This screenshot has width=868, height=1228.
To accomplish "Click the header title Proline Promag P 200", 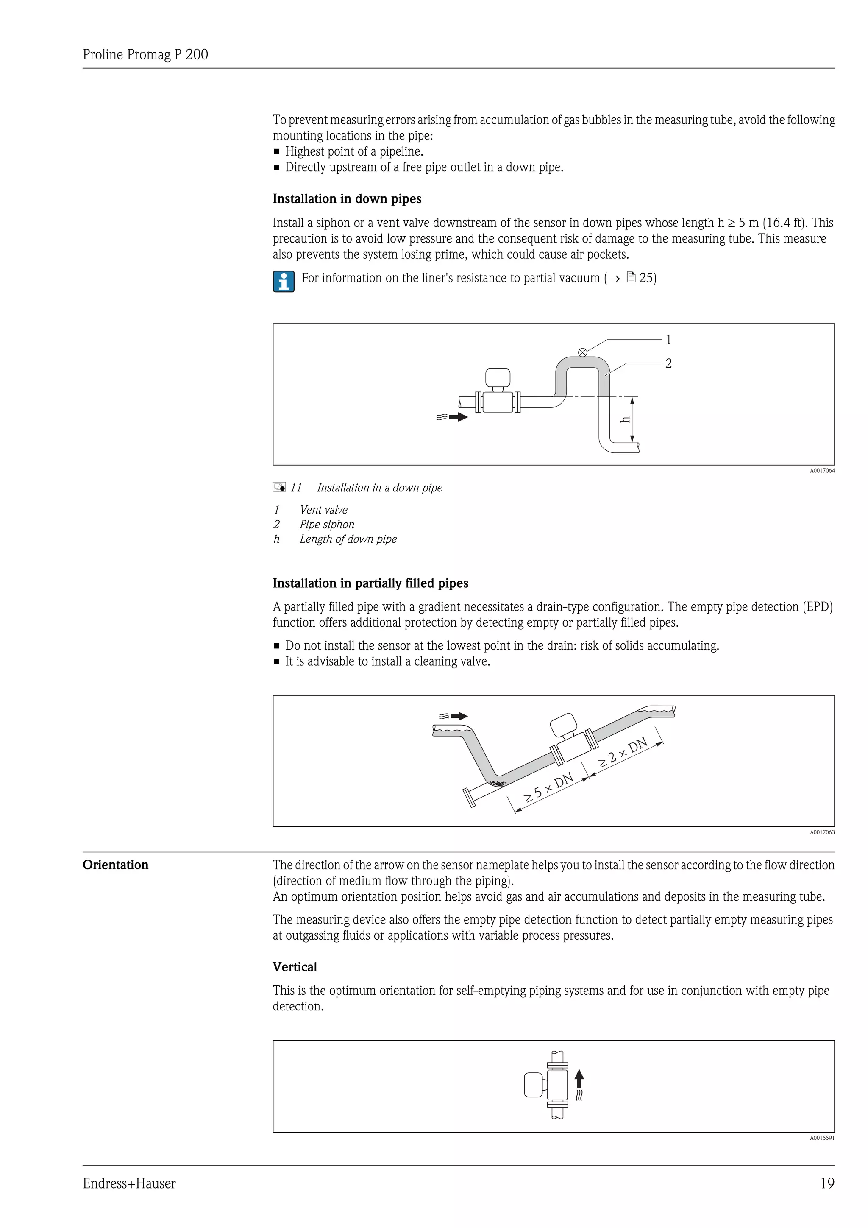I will click(x=145, y=55).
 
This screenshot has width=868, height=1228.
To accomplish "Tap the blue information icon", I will click(x=283, y=281).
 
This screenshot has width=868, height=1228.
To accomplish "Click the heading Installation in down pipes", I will click(x=347, y=199).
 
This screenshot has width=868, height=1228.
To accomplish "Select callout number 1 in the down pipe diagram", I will click(x=668, y=340).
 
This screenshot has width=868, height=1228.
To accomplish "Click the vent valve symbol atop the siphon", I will click(x=583, y=352).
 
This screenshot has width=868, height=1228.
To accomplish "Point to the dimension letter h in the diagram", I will click(x=624, y=420).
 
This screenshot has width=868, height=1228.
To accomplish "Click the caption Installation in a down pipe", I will click(x=379, y=488).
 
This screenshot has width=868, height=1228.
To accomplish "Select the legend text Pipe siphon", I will click(x=327, y=525).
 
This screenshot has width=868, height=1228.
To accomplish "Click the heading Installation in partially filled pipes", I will click(x=370, y=583).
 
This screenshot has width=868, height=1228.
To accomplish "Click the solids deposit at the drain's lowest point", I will click(x=498, y=784).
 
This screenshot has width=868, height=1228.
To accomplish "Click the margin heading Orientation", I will click(x=115, y=865).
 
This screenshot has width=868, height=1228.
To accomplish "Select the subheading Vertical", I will click(x=295, y=967).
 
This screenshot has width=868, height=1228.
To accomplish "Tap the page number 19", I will click(x=827, y=1183).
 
